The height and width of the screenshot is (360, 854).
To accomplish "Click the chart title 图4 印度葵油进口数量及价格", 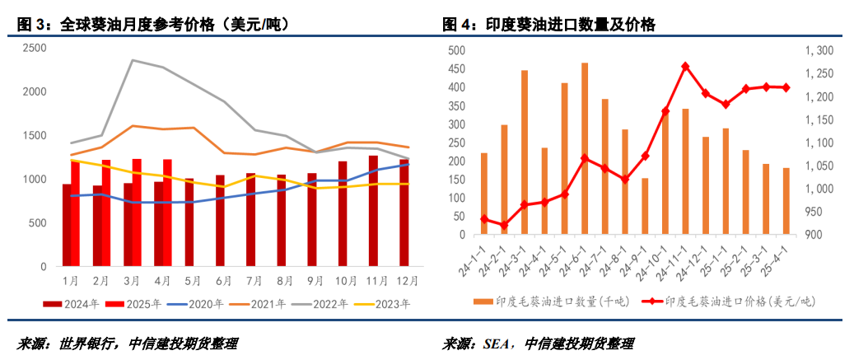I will tap(549, 26).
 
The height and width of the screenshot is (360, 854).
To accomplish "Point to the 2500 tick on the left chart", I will tap(34, 48).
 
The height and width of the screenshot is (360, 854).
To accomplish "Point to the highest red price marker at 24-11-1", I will tap(685, 66).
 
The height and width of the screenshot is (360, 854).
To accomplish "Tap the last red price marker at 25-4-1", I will tap(786, 87).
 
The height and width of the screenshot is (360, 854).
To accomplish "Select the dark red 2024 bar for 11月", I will tap(373, 211).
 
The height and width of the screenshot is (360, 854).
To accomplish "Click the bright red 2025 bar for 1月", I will tap(76, 213).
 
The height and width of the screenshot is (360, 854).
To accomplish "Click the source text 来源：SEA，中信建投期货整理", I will tap(539, 344).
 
